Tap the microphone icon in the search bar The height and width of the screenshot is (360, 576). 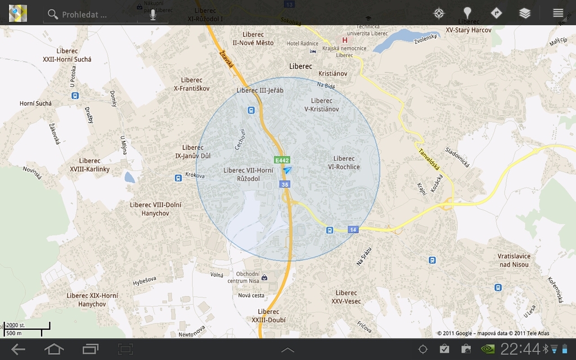(152, 14)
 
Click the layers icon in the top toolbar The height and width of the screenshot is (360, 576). (525, 13)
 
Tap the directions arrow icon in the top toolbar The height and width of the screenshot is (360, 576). (496, 13)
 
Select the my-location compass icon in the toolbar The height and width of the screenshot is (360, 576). (439, 13)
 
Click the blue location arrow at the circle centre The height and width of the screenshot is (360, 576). (288, 170)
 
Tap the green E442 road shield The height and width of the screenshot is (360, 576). (282, 160)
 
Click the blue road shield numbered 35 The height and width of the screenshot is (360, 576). (285, 184)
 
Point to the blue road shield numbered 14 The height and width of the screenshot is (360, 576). (353, 229)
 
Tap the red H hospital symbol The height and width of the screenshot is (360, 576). (345, 40)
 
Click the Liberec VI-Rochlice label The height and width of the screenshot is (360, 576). (344, 163)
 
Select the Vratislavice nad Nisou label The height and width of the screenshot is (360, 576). (514, 260)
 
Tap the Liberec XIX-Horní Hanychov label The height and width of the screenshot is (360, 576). (92, 300)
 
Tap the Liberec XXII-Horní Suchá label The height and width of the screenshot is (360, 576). (67, 55)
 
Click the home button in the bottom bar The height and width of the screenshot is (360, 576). (54, 349)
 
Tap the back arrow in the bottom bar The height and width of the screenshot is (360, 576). (18, 349)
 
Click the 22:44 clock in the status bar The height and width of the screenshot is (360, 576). (520, 349)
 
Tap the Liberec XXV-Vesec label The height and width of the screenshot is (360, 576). (346, 297)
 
